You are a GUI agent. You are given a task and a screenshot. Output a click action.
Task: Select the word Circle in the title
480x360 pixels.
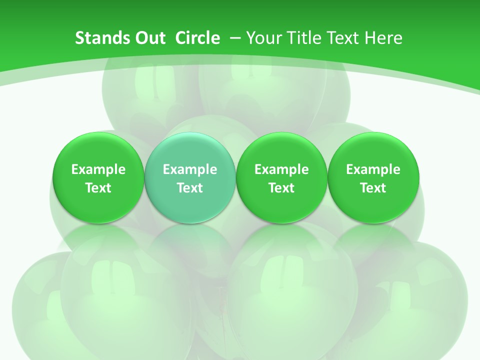coord(197,38)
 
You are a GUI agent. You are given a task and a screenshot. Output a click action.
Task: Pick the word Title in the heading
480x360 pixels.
coord(302,38)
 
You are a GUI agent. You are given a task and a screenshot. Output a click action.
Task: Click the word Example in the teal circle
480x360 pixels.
coord(190,169)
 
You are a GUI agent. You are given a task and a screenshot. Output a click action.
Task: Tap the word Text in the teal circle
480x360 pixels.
coord(190,188)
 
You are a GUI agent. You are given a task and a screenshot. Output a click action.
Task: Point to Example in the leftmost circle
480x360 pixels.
coord(98,169)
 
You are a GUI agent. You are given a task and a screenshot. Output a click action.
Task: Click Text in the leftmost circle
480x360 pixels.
coord(98,188)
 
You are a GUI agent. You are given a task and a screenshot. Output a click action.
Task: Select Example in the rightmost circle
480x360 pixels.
coord(373,169)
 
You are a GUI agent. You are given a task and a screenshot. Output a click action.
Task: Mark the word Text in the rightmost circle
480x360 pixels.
coord(373,188)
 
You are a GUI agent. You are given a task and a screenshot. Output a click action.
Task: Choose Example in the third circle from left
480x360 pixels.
coord(281,169)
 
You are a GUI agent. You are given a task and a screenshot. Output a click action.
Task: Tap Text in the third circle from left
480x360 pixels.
coord(281,188)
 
